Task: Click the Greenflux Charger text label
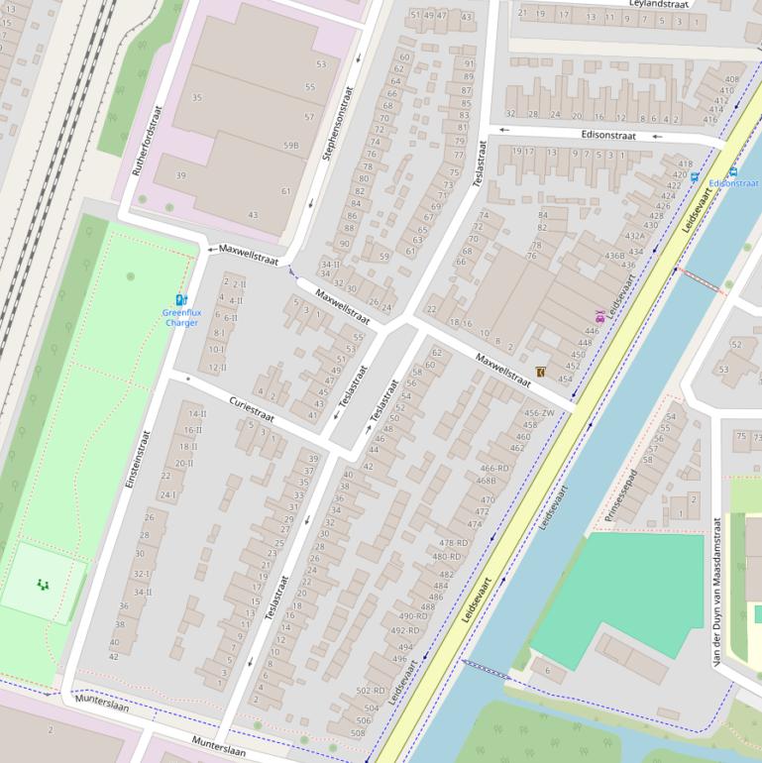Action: coord(181,317)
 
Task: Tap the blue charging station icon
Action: coord(180,299)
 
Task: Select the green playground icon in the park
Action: coord(42,585)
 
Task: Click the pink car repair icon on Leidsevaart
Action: coord(599,317)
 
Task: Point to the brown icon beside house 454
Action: coord(540,372)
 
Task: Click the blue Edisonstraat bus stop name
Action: coord(733,183)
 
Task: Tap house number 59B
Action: coord(290,146)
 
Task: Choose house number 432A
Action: coord(634,236)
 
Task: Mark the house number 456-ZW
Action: coord(539,413)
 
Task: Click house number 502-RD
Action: coord(370,691)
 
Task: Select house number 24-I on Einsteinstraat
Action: coord(167,495)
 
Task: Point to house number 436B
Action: coord(614,256)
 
